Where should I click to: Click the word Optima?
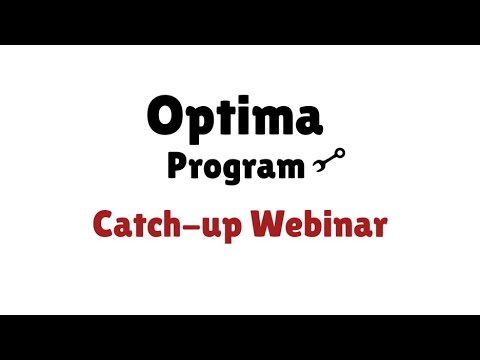235,116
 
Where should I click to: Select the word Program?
234,167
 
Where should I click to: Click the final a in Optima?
309,119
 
